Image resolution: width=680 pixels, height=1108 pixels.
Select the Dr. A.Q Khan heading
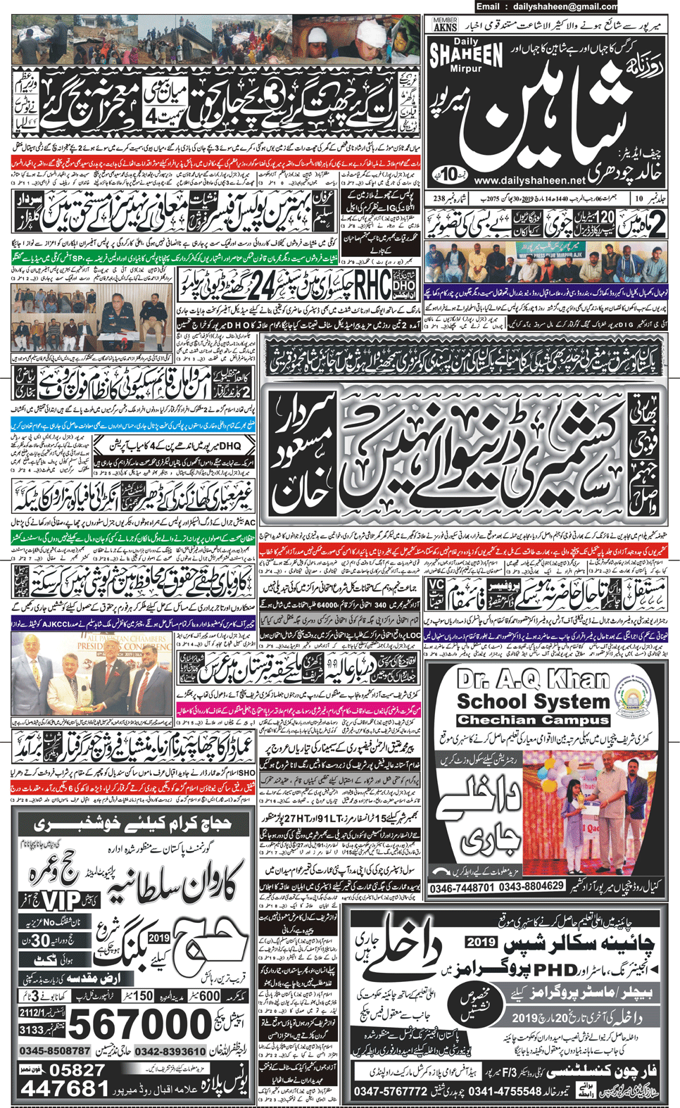(x=533, y=680)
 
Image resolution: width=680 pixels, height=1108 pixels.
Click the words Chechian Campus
(x=533, y=720)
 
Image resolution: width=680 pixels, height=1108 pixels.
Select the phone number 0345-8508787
(x=55, y=1050)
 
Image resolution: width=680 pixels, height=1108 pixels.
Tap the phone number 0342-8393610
(x=170, y=1050)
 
